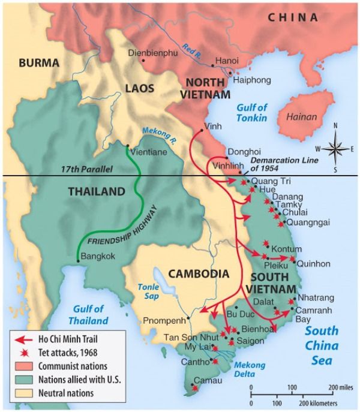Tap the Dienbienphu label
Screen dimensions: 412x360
point(154,53)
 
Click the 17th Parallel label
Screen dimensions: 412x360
point(88,170)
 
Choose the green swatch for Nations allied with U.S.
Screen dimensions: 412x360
point(20,379)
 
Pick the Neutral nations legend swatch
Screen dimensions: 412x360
point(20,393)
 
